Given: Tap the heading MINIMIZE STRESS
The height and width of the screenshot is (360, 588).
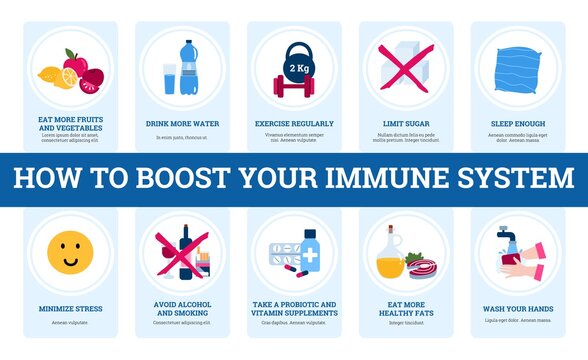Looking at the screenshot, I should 69,309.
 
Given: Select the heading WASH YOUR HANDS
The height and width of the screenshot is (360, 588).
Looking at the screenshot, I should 517,309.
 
